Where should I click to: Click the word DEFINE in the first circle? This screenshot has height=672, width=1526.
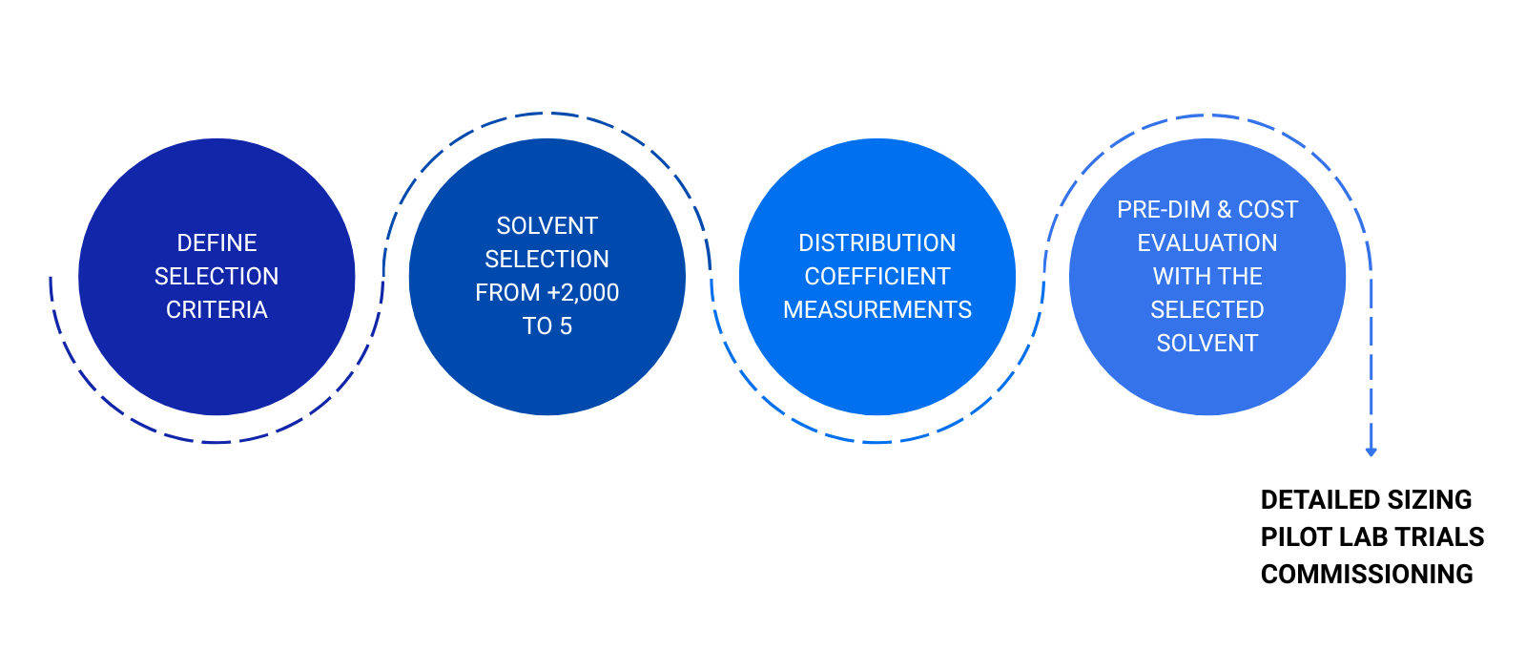coord(217,242)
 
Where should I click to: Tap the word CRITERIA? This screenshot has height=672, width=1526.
coord(217,309)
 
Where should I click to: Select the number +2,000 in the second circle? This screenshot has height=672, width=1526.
coord(583,293)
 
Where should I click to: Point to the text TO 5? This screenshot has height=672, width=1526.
coord(547,325)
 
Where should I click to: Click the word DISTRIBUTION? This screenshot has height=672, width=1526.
coord(876,242)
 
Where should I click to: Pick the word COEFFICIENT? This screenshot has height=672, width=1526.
coord(876,276)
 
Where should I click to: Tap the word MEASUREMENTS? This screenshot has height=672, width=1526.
coord(876,309)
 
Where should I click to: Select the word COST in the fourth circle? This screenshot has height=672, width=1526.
coord(1268,209)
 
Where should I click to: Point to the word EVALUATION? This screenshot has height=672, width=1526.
coord(1207,242)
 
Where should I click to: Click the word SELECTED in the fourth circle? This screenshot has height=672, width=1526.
coord(1207,309)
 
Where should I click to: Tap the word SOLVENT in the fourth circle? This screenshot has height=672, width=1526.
coord(1207,343)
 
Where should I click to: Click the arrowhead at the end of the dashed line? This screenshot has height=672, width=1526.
coord(1371,451)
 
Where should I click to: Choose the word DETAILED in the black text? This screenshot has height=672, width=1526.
coord(1320,499)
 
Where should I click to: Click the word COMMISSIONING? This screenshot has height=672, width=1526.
coord(1367,574)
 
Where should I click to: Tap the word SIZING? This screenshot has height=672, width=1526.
coord(1430,499)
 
